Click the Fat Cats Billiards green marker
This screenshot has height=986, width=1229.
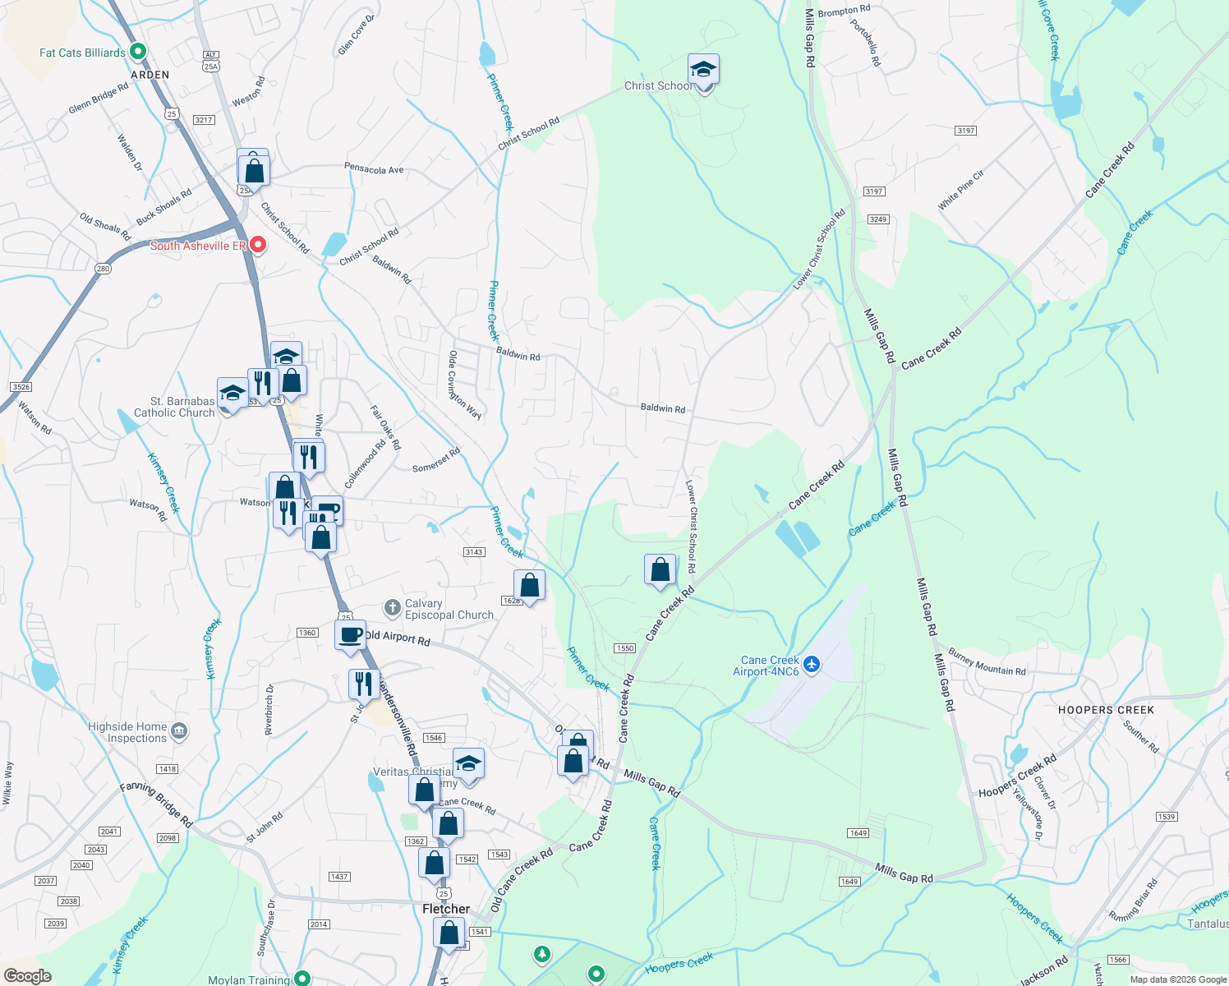[138, 52]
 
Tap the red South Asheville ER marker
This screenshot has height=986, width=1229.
[258, 245]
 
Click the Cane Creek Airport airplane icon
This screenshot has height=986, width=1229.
[812, 664]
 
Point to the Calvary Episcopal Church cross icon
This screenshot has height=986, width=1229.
[393, 608]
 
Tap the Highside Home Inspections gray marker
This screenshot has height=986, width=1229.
[180, 730]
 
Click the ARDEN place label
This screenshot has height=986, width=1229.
[150, 75]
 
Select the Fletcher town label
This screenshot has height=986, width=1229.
[446, 909]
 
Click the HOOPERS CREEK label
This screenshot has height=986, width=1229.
[1106, 710]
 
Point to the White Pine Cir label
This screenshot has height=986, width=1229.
[961, 190]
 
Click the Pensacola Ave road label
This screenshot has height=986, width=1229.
[374, 169]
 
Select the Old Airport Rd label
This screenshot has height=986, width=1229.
[398, 638]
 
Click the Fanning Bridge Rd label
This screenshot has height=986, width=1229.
[156, 804]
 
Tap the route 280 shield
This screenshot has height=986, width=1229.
[103, 269]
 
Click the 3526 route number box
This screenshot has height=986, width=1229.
[21, 387]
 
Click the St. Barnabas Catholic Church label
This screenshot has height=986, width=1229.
[174, 407]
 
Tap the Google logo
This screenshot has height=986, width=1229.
[27, 976]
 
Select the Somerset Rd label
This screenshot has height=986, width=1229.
[436, 461]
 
